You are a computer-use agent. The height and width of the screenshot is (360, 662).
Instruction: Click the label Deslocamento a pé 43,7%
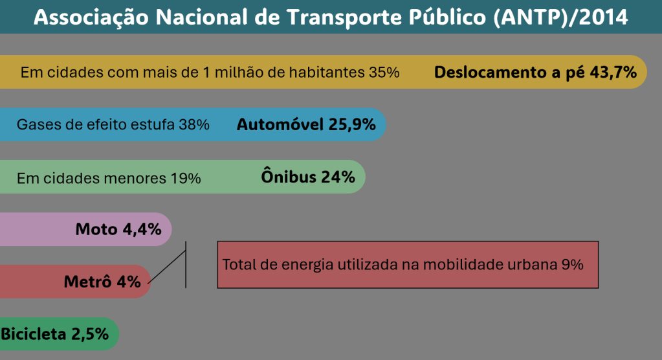pyautogui.click(x=536, y=72)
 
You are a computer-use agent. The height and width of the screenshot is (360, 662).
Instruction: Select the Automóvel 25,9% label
pyautogui.click(x=306, y=124)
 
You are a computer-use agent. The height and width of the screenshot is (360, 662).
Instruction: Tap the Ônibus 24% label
pyautogui.click(x=308, y=177)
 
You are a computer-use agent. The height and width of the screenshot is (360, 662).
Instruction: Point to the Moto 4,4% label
pyautogui.click(x=118, y=229)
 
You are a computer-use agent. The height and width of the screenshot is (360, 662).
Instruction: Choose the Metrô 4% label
pyautogui.click(x=102, y=282)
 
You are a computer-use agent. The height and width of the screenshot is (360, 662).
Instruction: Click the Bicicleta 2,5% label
pyautogui.click(x=54, y=334)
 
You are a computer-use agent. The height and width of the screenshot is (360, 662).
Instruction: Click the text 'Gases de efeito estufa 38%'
pyautogui.click(x=113, y=125)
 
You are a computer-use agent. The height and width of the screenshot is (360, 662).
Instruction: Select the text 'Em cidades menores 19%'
pyautogui.click(x=109, y=177)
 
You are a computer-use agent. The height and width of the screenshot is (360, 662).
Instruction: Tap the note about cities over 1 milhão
pyautogui.click(x=210, y=72)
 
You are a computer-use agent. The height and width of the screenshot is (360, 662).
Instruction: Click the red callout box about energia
pyautogui.click(x=408, y=264)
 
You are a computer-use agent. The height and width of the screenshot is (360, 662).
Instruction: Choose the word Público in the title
pyautogui.click(x=452, y=17)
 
